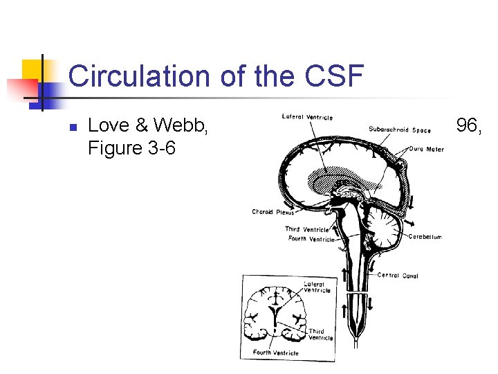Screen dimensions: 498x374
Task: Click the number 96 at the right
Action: pyautogui.click(x=471, y=125)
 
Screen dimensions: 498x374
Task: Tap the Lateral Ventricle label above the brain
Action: pyautogui.click(x=307, y=117)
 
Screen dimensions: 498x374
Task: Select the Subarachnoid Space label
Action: pyautogui.click(x=399, y=130)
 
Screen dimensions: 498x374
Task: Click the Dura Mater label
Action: pyautogui.click(x=426, y=148)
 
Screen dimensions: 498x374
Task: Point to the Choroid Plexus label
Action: pyautogui.click(x=273, y=212)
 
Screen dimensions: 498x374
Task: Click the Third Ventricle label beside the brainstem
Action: pyautogui.click(x=306, y=229)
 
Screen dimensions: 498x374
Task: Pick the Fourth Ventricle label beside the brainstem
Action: pyautogui.click(x=311, y=239)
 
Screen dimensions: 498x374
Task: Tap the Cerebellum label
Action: pyautogui.click(x=425, y=237)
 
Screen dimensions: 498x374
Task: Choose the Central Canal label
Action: pyautogui.click(x=398, y=275)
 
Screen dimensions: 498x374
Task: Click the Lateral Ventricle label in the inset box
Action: pyautogui.click(x=317, y=287)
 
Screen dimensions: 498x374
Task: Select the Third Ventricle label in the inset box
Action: pyautogui.click(x=320, y=335)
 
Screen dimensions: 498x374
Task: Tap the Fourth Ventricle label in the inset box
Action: pyautogui.click(x=275, y=353)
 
